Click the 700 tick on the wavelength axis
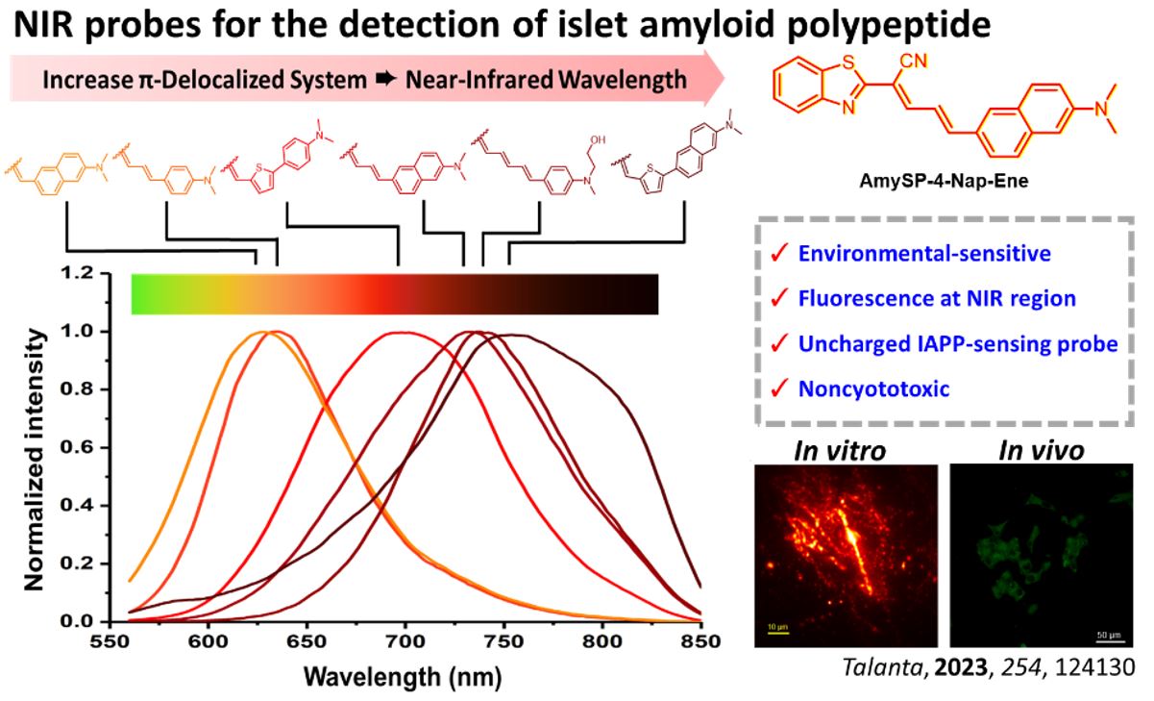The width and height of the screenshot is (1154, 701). (x=405, y=639)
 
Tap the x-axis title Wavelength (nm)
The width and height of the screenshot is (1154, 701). (x=402, y=676)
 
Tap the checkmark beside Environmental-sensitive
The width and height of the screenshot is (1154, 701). (x=778, y=255)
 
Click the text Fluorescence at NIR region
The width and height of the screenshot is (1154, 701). (x=937, y=299)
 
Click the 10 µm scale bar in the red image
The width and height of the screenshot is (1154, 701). (x=777, y=631)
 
